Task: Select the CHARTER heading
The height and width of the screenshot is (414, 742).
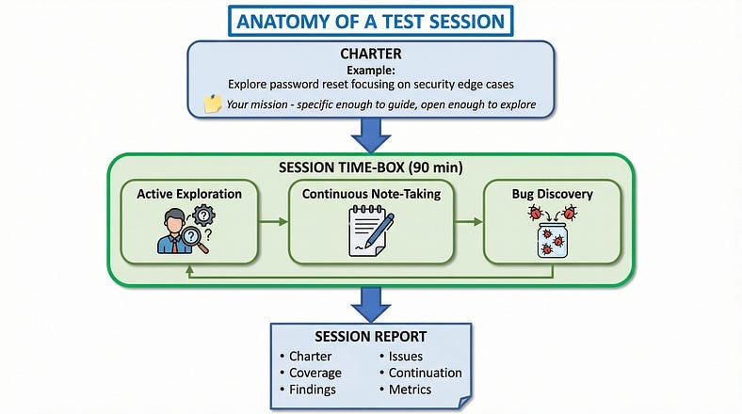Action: tap(370, 56)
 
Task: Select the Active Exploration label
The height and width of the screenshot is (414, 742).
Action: tap(189, 194)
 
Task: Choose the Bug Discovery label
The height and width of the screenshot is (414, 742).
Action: tap(552, 194)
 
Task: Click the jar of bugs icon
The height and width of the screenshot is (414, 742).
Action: tap(553, 232)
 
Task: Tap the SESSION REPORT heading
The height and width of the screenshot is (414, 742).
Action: tap(370, 337)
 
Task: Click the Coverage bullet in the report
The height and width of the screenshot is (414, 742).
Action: tap(315, 373)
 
